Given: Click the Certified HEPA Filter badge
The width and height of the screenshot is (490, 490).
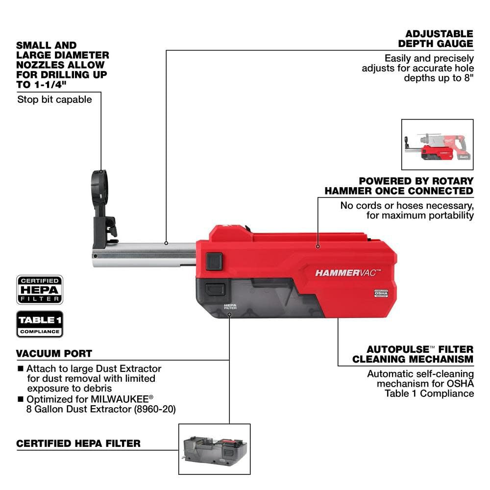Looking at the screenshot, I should [40, 290].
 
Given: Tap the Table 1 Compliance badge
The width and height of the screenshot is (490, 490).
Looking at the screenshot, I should [40, 324].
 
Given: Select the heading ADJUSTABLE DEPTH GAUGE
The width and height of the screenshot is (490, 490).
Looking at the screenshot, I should [439, 39].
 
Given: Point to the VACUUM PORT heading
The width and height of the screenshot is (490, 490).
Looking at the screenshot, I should [54, 353].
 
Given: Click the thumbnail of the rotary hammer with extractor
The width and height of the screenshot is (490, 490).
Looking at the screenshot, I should [437, 145].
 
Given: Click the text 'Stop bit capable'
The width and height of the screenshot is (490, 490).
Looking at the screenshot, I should [54, 99].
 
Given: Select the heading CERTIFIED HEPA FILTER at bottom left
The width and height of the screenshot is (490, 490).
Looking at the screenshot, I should [78, 443].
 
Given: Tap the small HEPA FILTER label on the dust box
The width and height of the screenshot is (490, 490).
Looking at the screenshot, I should [230, 306].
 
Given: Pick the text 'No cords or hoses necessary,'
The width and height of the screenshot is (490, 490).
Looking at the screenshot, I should [407, 205].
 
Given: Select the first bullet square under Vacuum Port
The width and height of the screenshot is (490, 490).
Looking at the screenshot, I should [20, 368].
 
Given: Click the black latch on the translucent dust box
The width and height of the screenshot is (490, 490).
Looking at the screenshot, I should [215, 289].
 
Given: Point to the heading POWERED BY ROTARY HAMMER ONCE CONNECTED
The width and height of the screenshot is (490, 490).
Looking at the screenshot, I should [399, 186].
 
